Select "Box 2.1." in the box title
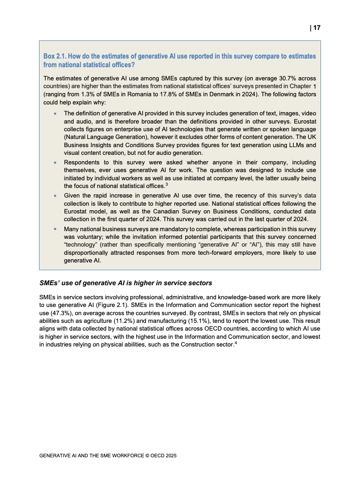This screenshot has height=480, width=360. coord(55,56)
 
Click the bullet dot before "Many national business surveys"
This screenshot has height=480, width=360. coord(55,229)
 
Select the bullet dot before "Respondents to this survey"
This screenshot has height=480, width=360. coord(55,163)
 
